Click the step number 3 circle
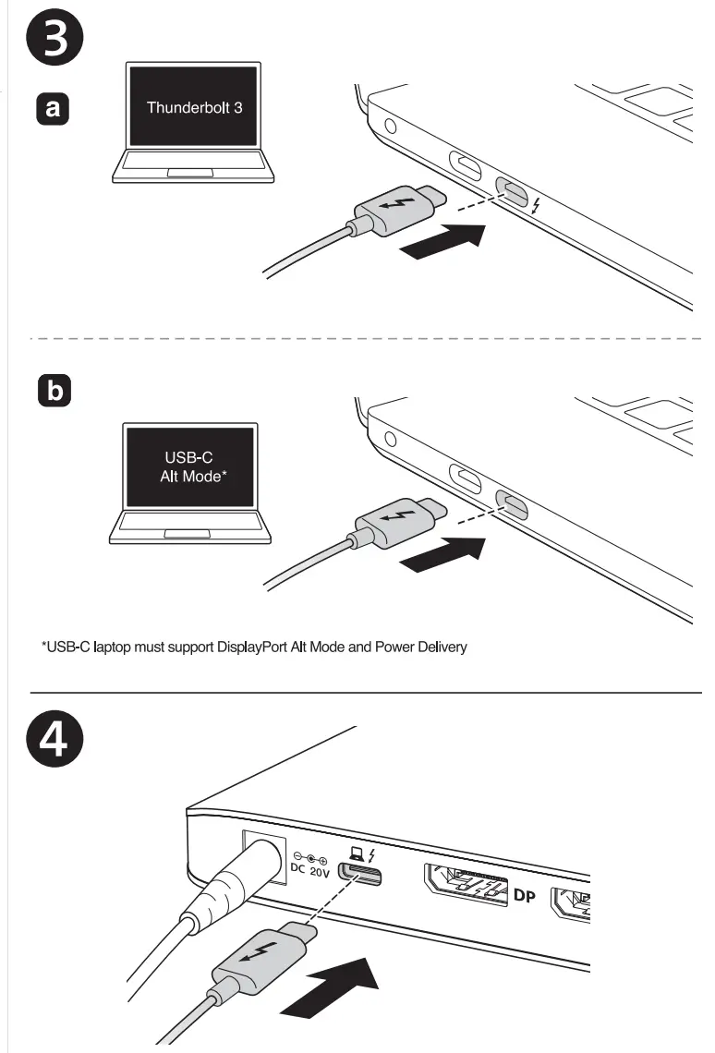point(56,39)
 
